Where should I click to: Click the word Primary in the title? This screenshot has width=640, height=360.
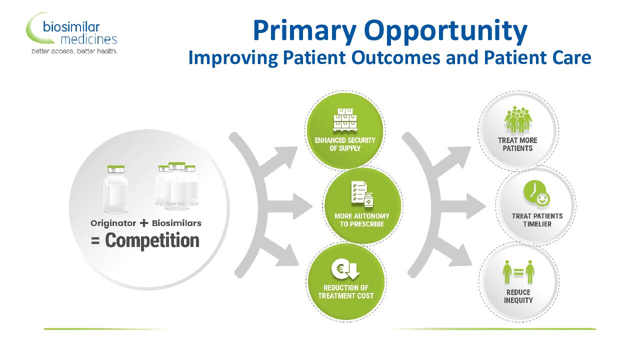tap(304, 31)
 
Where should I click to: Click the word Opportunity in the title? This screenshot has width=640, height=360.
tap(445, 31)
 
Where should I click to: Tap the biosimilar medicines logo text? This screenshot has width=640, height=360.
tap(79, 33)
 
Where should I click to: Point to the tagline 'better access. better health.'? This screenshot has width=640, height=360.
tap(74, 51)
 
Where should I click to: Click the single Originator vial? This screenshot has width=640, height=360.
tap(116, 189)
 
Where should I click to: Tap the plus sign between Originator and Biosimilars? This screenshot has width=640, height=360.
tap(144, 223)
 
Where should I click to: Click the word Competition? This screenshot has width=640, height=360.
tap(152, 240)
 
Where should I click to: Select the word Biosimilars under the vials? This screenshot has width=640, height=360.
tap(176, 223)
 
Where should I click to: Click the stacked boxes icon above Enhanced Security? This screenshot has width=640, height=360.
tap(345, 119)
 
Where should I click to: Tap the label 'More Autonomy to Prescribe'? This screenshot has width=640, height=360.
tap(361, 220)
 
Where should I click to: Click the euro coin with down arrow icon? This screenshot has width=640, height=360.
tap(345, 269)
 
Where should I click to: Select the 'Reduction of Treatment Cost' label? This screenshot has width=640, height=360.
tap(345, 291)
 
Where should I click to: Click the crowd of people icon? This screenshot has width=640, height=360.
tap(517, 119)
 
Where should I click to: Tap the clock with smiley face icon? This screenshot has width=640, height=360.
tap(536, 193)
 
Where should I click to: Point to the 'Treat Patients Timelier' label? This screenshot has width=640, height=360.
tap(537, 220)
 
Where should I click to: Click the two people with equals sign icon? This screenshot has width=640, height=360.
tap(518, 271)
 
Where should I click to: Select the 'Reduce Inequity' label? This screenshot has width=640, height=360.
tap(518, 296)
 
